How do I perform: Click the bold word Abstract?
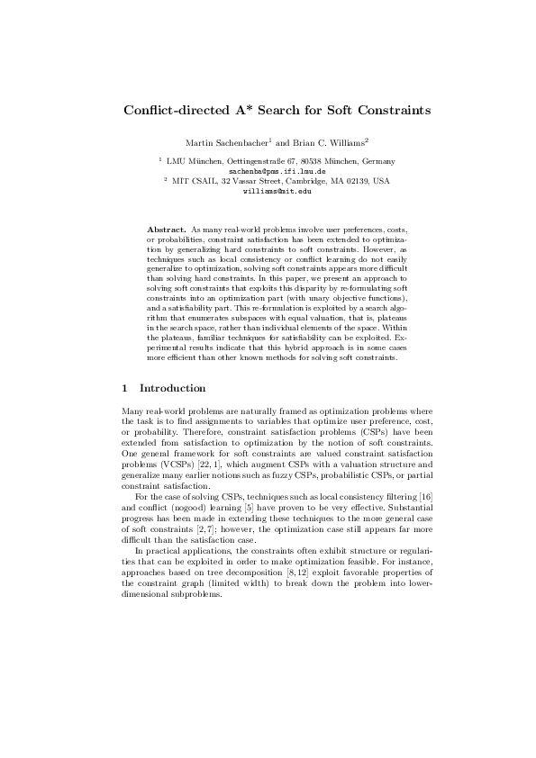point(163,230)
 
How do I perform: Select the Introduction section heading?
point(173,389)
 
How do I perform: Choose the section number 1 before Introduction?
point(124,389)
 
